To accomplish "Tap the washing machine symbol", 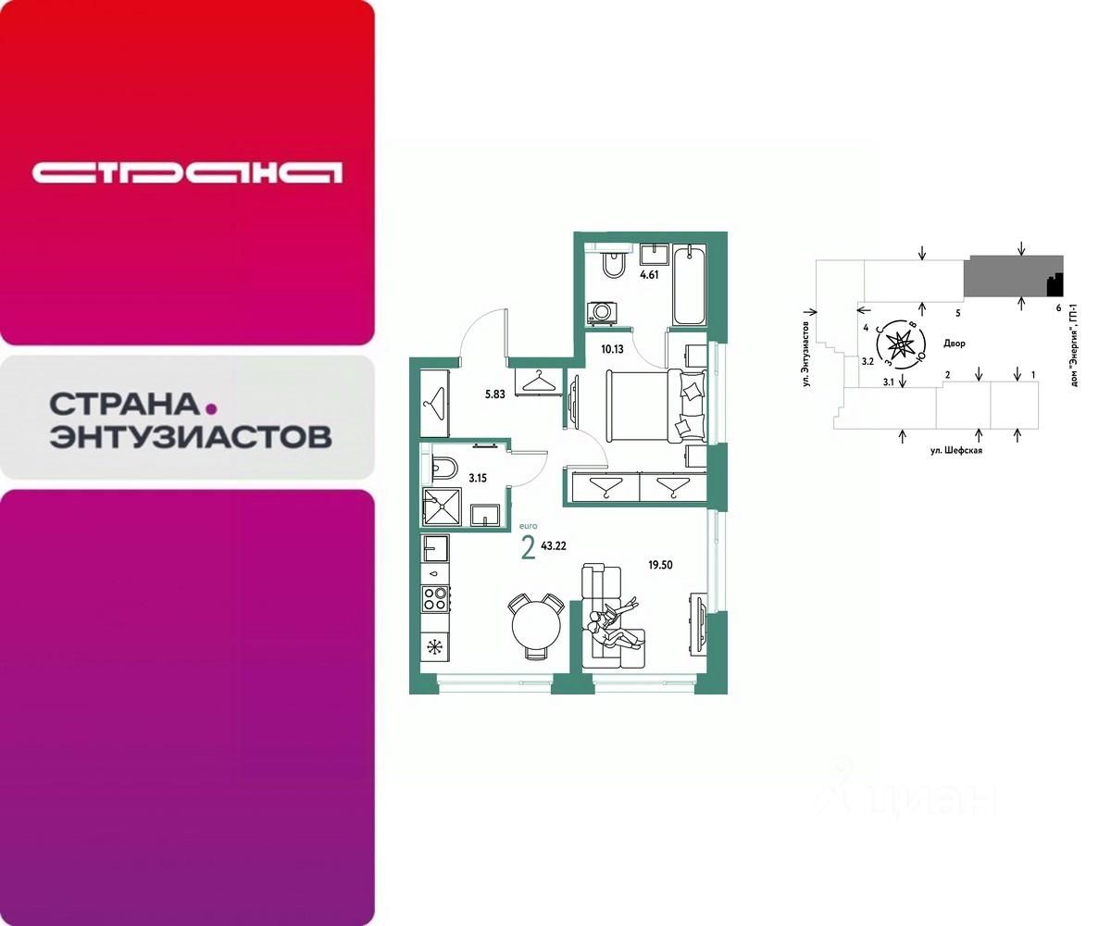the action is click(602, 312).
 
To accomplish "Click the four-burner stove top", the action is click(435, 597).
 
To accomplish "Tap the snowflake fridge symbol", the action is click(433, 644).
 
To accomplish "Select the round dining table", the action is click(535, 623).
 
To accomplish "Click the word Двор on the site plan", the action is click(954, 343).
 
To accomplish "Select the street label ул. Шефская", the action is click(955, 450).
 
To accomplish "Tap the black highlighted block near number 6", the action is click(1054, 282).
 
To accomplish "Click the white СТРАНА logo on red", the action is click(187, 172).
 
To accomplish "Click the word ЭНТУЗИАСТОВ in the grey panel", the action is click(191, 436).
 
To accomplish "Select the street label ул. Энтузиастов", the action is click(806, 347).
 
